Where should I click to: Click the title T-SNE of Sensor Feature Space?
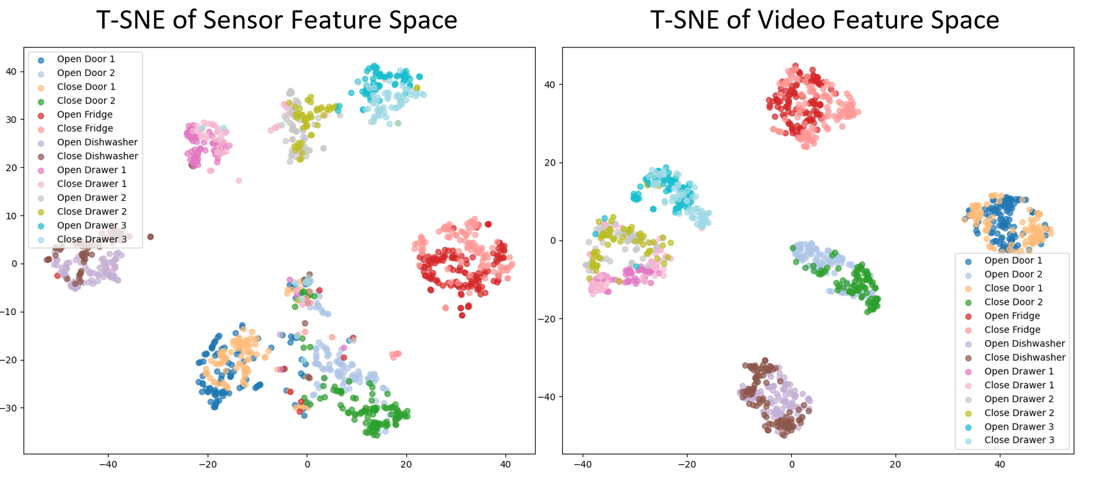click(x=277, y=20)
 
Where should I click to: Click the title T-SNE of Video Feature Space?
click(x=824, y=20)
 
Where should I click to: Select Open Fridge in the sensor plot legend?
click(x=85, y=114)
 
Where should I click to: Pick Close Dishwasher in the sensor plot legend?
click(x=97, y=156)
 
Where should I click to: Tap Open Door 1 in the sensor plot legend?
click(x=86, y=59)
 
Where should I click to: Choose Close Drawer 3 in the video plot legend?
click(x=1019, y=440)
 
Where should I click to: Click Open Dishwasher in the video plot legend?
click(x=1024, y=343)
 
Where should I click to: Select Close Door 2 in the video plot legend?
click(x=1013, y=302)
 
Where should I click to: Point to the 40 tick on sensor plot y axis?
click(x=12, y=71)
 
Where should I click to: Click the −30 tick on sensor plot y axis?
click(x=10, y=408)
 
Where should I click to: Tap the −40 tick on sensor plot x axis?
click(x=108, y=464)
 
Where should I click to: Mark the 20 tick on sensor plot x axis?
click(x=406, y=464)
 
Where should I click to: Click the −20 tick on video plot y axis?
click(x=546, y=319)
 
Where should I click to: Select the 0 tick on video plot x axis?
click(x=791, y=464)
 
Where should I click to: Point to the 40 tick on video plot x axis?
click(x=1000, y=464)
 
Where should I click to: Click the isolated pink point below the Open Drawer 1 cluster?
click(x=239, y=181)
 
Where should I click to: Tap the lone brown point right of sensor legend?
click(x=151, y=237)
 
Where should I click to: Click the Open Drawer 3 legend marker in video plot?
click(x=968, y=427)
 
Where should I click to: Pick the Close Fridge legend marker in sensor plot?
click(x=41, y=129)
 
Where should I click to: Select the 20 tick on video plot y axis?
click(x=550, y=162)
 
